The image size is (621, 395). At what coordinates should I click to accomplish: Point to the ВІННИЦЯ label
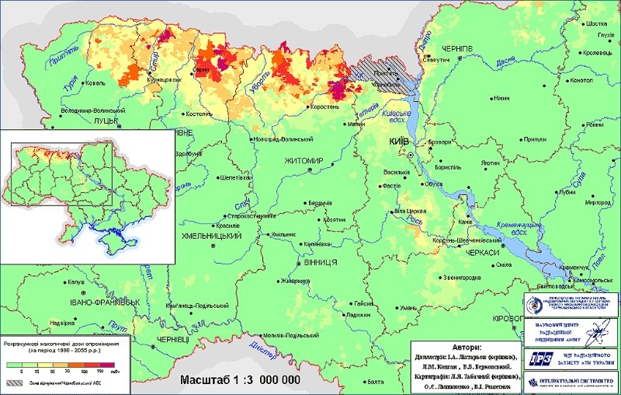[x=318, y=262]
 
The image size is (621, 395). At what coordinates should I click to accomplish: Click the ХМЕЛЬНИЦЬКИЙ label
[x=213, y=234]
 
